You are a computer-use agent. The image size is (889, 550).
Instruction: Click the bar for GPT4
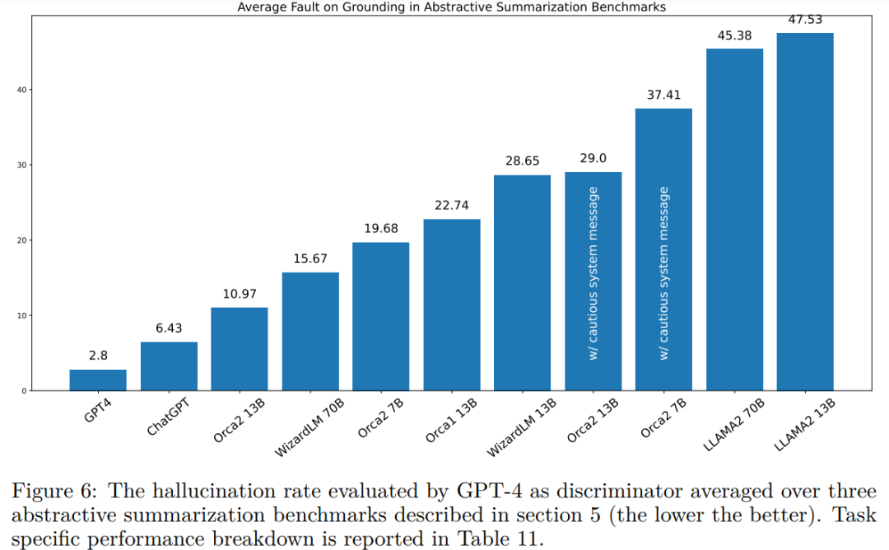coord(98,380)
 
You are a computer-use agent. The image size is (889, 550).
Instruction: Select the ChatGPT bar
coord(169,366)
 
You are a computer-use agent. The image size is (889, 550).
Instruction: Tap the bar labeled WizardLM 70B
coord(310,331)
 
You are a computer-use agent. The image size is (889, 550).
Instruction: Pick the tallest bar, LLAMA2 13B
coord(805,212)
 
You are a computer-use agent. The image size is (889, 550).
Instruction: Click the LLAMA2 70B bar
coord(734,219)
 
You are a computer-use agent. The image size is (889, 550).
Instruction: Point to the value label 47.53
coord(805,20)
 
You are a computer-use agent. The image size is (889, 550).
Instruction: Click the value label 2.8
coord(98,356)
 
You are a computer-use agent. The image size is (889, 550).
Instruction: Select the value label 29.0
coord(593,158)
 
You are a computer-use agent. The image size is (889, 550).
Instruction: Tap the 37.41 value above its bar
coord(663,95)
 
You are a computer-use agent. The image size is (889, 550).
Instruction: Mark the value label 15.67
coord(310,259)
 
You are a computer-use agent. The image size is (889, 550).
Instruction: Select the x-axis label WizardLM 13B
coord(522,427)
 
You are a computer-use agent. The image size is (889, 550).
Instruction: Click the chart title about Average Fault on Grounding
coord(451,7)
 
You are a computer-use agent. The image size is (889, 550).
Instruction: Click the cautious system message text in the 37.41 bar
coord(664,273)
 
